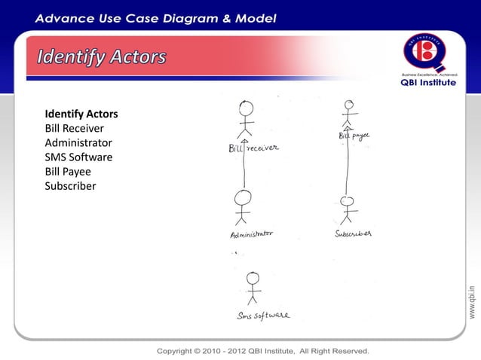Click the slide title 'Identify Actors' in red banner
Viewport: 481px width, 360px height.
coord(103,58)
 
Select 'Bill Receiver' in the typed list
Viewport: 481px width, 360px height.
coord(75,129)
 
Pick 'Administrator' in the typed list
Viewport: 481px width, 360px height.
coord(78,143)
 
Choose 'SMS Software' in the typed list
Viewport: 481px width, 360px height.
coord(78,157)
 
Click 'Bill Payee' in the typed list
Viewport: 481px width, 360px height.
coord(68,172)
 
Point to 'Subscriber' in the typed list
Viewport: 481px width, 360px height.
coord(71,186)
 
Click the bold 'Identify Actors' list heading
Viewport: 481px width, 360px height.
coord(81,114)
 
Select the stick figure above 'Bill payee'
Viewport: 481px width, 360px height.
coord(347,114)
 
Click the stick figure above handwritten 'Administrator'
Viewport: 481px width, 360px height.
coord(242,207)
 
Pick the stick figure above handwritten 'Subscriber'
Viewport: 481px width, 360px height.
coord(347,209)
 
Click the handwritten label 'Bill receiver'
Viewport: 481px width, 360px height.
coord(253,148)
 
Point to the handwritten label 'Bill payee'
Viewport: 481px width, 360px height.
coord(353,136)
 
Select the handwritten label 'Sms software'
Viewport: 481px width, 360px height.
coord(262,316)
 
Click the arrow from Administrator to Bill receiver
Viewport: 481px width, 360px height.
coord(244,166)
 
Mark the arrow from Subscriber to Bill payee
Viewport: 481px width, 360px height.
coord(347,166)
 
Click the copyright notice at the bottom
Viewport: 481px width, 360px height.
coord(262,351)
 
